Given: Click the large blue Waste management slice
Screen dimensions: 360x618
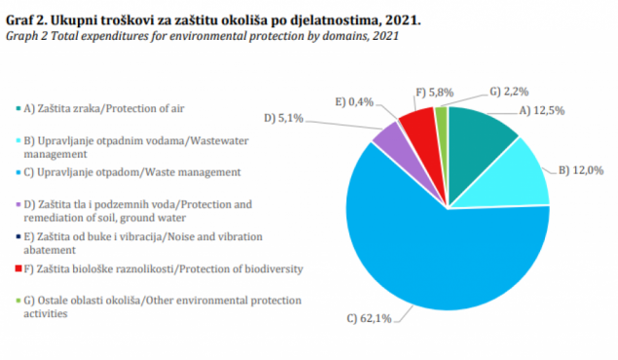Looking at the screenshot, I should pyautogui.click(x=438, y=243).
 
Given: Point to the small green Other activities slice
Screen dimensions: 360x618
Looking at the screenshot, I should pyautogui.click(x=441, y=117).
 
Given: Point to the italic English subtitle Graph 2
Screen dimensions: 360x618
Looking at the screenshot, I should pyautogui.click(x=29, y=36).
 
